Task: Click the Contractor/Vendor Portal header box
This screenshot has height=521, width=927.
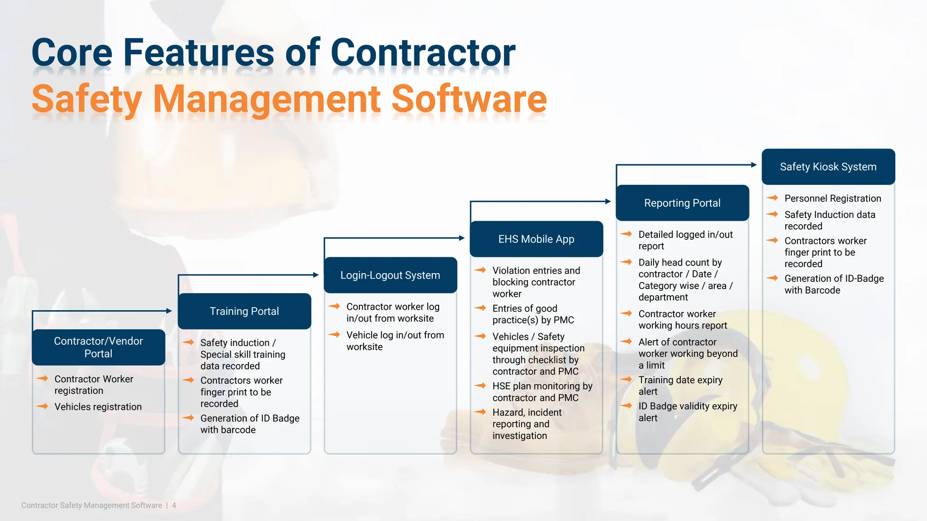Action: point(98,347)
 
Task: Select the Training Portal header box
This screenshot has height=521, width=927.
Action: point(244,311)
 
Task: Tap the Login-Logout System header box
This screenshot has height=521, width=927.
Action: point(390,275)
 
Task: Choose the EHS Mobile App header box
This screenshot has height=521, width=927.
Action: point(536,239)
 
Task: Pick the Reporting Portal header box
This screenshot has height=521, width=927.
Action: point(682,203)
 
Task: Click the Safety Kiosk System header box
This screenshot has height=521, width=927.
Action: point(828,167)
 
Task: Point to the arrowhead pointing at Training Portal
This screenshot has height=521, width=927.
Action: point(169,311)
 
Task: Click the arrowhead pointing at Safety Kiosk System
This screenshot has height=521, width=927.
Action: point(754,165)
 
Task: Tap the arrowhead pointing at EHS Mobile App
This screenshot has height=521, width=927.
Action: point(462,238)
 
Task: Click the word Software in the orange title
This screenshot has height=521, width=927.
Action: point(469,99)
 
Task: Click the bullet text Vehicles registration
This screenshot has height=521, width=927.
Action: point(98,407)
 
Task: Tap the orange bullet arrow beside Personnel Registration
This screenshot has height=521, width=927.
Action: point(772,198)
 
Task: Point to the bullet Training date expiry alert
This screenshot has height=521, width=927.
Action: point(680,385)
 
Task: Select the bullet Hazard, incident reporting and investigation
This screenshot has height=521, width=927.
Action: point(527,424)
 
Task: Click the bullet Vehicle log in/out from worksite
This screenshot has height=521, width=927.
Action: point(395,341)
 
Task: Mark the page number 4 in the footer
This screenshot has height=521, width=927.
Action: point(174,505)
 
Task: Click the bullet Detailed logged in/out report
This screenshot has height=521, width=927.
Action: point(685,240)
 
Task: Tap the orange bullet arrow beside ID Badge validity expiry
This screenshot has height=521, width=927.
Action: point(626,406)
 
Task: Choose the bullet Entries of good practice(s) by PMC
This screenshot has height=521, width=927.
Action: point(533,314)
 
